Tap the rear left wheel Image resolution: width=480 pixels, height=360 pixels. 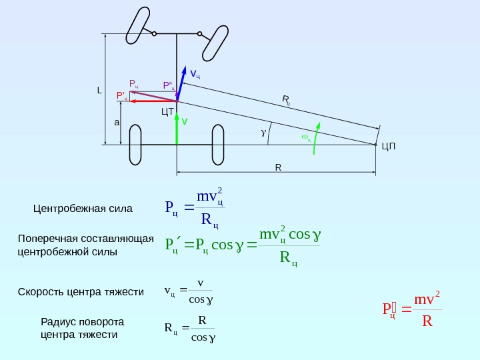(135, 143)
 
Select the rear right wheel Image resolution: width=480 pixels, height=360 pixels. (217, 143)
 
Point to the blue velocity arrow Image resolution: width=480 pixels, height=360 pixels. (182, 83)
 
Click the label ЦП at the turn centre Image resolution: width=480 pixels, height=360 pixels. (389, 145)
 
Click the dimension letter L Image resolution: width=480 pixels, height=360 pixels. (99, 90)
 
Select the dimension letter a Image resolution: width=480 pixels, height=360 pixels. (116, 123)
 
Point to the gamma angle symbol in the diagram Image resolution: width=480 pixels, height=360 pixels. (263, 133)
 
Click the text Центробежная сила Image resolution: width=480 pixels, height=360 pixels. (83, 209)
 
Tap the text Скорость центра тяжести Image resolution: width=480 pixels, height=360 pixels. (81, 292)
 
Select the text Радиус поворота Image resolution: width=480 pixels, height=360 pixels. (83, 321)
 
